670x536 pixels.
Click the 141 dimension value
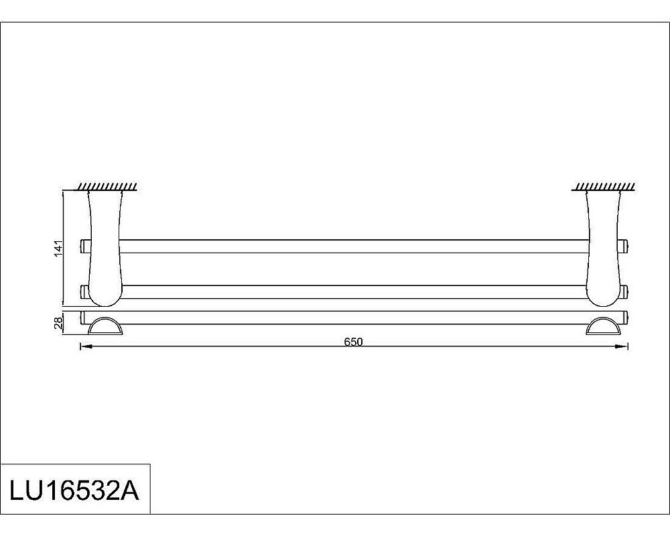tap(59, 248)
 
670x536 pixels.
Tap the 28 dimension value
tap(59, 324)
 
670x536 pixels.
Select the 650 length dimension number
tap(353, 341)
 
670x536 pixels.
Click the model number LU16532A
tap(74, 490)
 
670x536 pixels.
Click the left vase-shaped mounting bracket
tap(104, 245)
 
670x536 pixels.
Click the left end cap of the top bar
tap(84, 246)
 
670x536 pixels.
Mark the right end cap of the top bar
tap(625, 246)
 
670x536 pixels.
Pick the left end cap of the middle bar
tap(84, 291)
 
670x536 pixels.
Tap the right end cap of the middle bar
tap(625, 291)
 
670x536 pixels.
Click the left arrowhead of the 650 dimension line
tap(84, 346)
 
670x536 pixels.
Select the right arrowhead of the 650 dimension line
tap(624, 346)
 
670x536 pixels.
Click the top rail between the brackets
tap(353, 246)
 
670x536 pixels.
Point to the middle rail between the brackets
tap(353, 291)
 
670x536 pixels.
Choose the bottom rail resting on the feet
tap(353, 318)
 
